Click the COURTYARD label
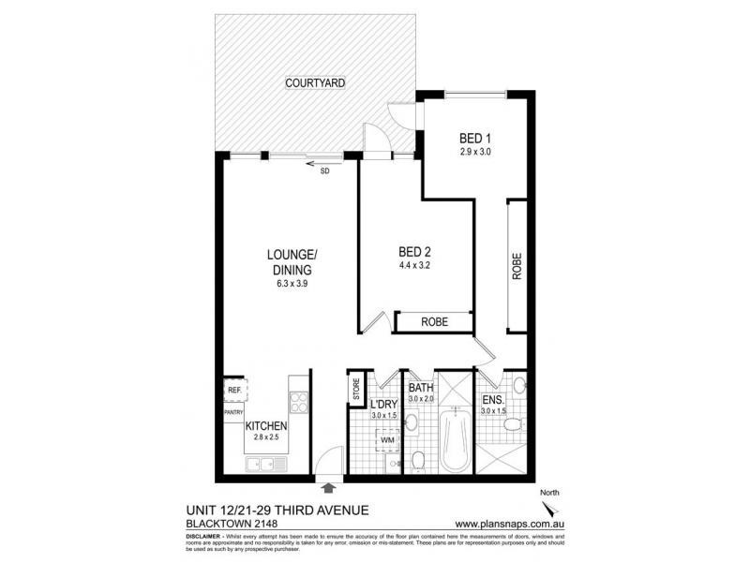(316, 83)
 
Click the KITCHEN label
(266, 425)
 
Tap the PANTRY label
(233, 411)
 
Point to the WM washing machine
(387, 439)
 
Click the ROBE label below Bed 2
(434, 322)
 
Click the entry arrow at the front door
(328, 487)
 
